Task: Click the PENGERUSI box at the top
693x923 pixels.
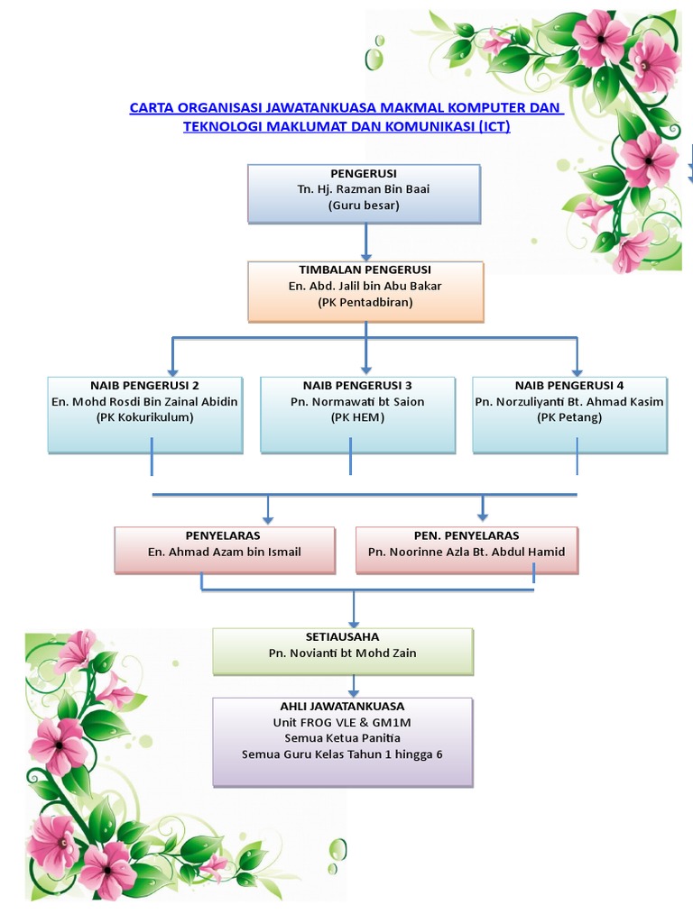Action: (x=365, y=193)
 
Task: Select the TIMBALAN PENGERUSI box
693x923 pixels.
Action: (x=365, y=291)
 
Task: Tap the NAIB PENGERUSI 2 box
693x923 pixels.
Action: (x=145, y=414)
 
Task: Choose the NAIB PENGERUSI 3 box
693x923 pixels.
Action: (x=357, y=414)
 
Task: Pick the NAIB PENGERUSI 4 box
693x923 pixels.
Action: (x=569, y=414)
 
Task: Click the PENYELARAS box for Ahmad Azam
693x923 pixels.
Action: (x=225, y=550)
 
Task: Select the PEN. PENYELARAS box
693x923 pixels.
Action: (x=467, y=550)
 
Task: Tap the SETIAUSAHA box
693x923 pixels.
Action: (x=343, y=651)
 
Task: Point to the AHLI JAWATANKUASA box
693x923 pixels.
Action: (x=343, y=741)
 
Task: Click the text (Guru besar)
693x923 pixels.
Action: (x=365, y=206)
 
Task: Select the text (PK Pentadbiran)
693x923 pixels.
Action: (x=365, y=303)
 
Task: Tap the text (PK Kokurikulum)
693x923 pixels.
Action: (x=145, y=417)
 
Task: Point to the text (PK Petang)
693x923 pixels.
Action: (x=569, y=417)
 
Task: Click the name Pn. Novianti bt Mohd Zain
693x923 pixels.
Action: (x=343, y=653)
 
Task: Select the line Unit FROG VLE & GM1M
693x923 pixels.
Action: (x=343, y=722)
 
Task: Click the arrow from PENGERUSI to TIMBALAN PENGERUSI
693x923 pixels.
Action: (x=365, y=242)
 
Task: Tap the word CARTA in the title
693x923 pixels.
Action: (x=152, y=108)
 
